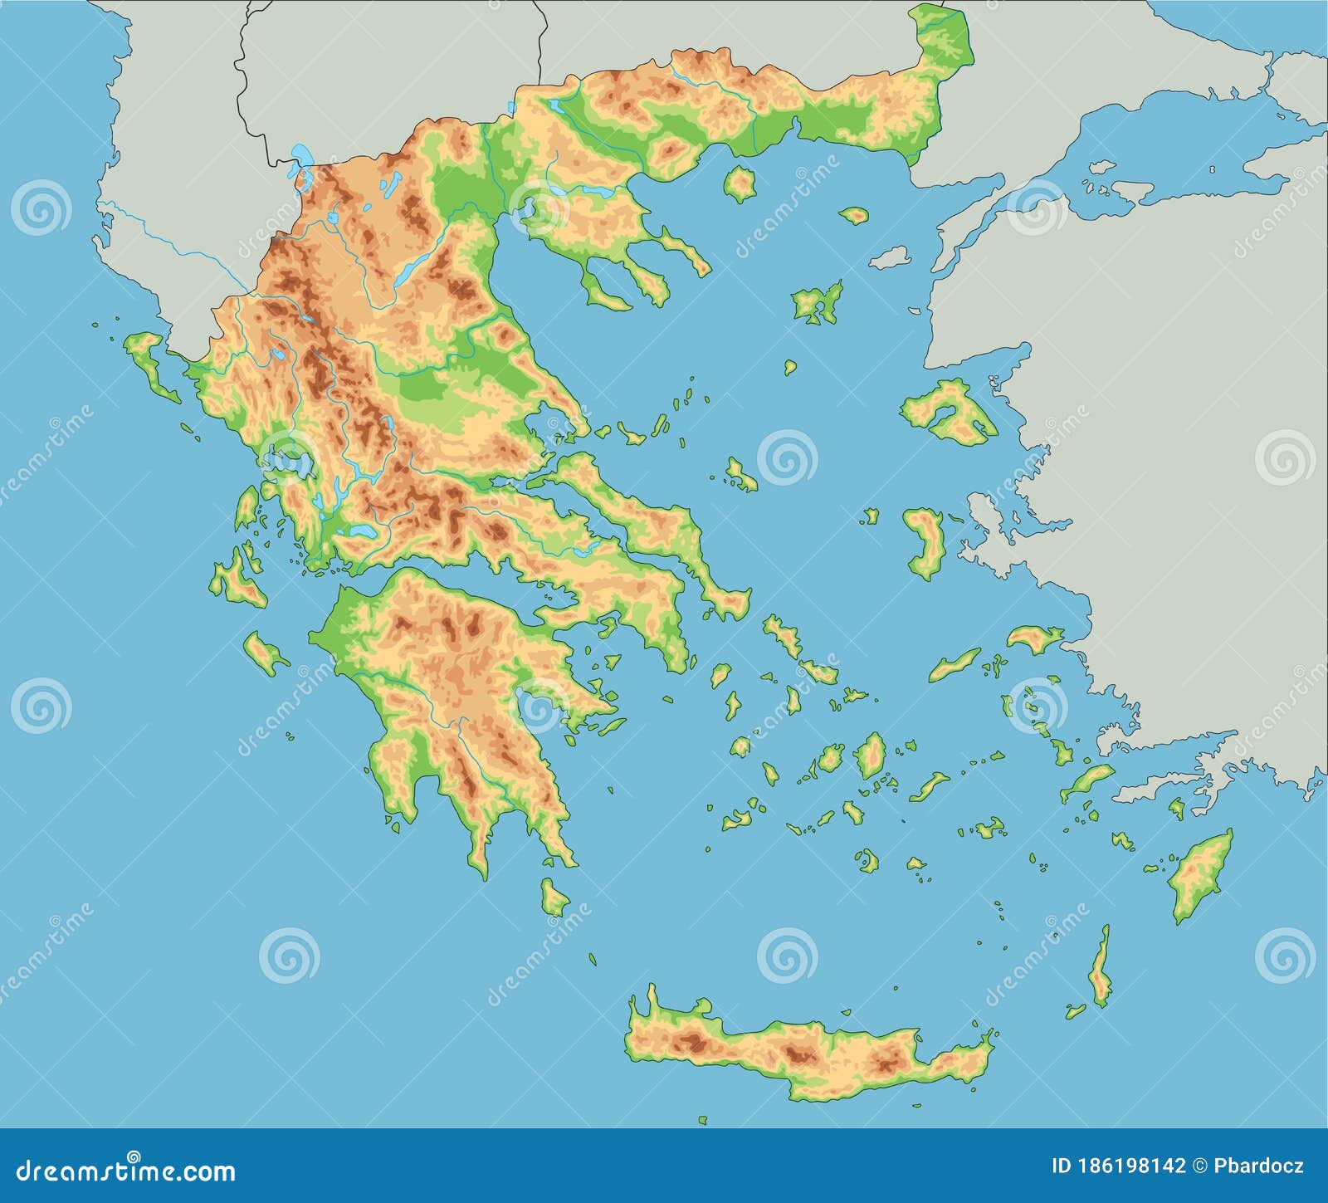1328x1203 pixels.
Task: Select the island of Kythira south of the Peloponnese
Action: [x=554, y=898]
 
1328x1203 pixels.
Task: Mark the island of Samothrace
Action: [x=853, y=216]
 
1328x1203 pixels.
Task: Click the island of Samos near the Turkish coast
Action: [x=1034, y=638]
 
